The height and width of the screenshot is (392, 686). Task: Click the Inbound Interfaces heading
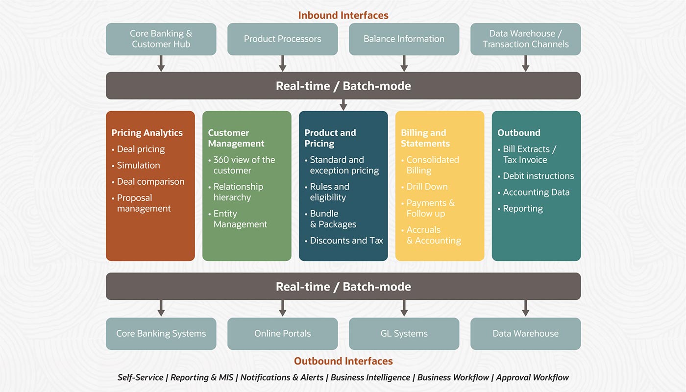coord(343,15)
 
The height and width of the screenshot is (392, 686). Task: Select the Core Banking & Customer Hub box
coord(161,39)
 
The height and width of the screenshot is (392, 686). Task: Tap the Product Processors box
coord(282,39)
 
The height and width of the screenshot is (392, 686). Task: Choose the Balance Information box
coord(404,39)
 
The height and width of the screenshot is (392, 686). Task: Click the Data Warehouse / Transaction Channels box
coord(525,39)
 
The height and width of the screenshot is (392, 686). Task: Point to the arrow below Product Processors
coord(283,63)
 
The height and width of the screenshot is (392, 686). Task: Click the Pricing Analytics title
coord(147,133)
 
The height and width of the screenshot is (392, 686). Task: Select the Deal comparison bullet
coord(150,181)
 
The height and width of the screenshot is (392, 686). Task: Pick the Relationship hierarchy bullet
coord(238,192)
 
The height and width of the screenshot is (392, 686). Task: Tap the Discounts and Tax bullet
coord(346,241)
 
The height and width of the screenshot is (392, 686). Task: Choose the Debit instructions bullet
coord(538,176)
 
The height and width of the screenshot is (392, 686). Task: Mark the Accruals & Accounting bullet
coord(434,235)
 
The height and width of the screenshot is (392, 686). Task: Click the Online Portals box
coord(282,334)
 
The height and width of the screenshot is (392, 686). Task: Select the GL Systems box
coord(404,334)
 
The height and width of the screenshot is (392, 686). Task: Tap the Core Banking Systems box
coord(161,334)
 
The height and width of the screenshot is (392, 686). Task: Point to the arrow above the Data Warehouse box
coord(526,308)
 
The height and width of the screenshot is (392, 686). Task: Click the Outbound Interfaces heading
coord(343,361)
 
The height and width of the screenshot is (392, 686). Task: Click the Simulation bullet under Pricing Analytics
coord(138,165)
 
